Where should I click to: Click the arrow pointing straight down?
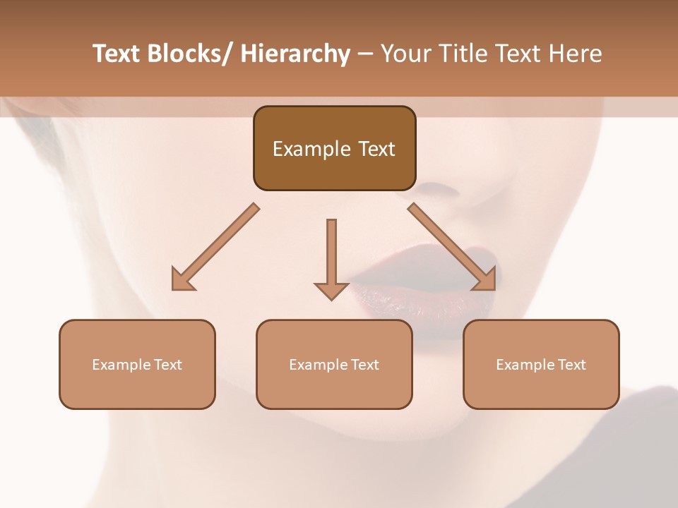coord(331,258)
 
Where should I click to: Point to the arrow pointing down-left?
coord(215,247)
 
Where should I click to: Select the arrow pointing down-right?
coord(452,247)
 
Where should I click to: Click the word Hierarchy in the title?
coord(295,54)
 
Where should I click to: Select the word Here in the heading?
coord(576,54)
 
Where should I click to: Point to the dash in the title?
coord(365,54)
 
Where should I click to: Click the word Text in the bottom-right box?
coord(571,365)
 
